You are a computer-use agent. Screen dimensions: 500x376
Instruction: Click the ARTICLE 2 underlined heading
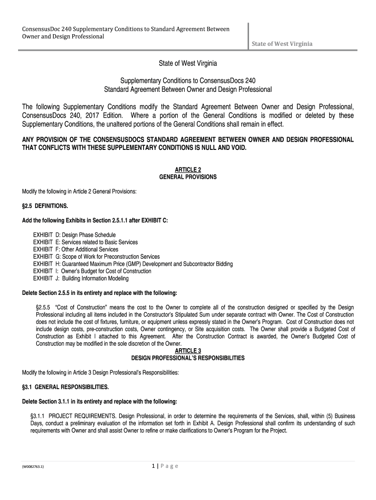(188, 169)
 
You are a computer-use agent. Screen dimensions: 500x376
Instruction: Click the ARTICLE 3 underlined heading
(188, 351)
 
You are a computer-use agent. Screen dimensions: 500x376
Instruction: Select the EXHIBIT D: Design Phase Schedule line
(74, 235)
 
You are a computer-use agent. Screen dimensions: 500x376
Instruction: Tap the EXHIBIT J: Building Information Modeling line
(81, 278)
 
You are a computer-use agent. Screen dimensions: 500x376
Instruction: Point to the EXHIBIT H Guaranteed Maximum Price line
(133, 264)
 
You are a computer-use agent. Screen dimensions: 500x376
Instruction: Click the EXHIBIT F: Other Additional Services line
(76, 250)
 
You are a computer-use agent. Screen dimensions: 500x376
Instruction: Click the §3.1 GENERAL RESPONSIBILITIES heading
(65, 387)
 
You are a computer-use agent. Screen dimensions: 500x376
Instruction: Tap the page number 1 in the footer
(154, 466)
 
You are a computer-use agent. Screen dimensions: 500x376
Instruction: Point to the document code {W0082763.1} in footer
(33, 467)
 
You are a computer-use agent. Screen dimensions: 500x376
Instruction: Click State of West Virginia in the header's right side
(282, 44)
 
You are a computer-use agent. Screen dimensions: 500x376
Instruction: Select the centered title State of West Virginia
(188, 64)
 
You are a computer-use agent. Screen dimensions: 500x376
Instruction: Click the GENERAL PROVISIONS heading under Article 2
(188, 177)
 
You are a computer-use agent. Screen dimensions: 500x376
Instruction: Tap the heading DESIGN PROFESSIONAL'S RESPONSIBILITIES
(188, 358)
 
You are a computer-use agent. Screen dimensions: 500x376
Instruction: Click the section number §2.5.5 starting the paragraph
(43, 307)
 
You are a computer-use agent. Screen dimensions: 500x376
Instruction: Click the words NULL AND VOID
(226, 148)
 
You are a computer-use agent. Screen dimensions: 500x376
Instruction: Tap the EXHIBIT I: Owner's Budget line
(92, 271)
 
